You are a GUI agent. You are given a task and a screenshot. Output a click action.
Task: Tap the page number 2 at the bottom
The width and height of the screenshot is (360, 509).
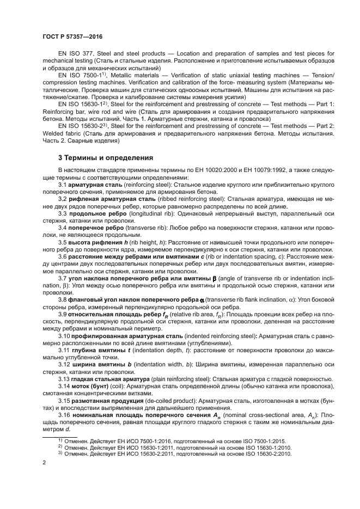[44, 463]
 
